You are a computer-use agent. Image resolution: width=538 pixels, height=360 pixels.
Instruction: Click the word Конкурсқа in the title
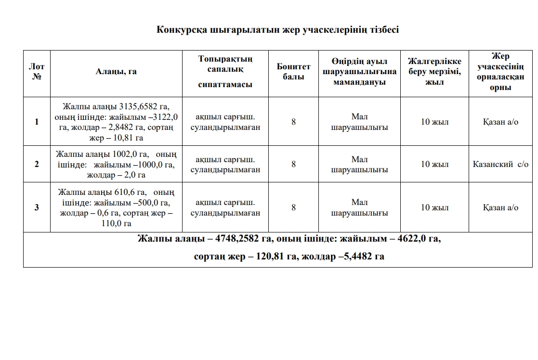click(x=182, y=30)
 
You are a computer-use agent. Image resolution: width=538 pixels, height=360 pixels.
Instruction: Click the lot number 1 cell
click(x=37, y=122)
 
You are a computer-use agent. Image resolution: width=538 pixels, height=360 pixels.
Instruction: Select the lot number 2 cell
click(x=37, y=164)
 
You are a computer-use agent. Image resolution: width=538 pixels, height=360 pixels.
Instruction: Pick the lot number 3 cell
click(x=37, y=207)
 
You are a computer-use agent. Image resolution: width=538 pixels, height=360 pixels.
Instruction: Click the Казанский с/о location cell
click(x=500, y=164)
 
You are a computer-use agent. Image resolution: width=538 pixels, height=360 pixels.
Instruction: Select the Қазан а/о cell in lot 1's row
click(x=500, y=122)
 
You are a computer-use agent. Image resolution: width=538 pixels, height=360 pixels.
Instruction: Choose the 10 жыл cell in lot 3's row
click(x=434, y=207)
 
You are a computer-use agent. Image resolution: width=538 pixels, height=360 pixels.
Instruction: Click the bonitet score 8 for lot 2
click(x=293, y=164)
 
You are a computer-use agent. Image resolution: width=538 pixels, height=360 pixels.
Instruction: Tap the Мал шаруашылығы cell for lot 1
click(x=359, y=122)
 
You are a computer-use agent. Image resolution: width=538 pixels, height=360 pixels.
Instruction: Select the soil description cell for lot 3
click(x=225, y=207)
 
